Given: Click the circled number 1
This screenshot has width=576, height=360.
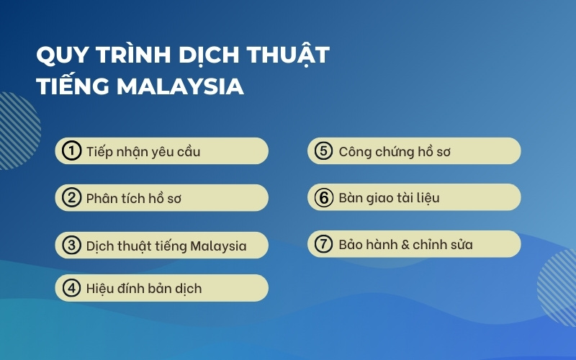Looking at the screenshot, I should [x=71, y=151].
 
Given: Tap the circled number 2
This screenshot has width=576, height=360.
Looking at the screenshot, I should [x=71, y=198].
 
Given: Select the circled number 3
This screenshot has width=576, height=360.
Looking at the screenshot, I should [x=71, y=246].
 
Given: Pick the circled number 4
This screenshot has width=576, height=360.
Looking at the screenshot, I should [x=71, y=288].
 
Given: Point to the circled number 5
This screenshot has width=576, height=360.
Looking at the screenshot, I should [x=323, y=151].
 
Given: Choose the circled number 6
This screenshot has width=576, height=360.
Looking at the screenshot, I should [x=323, y=198].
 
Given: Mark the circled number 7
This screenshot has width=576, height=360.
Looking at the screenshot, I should [x=323, y=244].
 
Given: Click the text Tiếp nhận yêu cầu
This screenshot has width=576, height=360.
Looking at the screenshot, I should [x=143, y=152].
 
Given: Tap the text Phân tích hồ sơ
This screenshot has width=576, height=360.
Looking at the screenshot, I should [x=133, y=199].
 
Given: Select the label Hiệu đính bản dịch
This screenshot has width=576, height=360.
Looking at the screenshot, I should [x=143, y=289].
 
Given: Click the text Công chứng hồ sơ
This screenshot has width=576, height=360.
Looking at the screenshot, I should [x=395, y=152].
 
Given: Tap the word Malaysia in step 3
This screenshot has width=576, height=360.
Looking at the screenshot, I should [x=218, y=246].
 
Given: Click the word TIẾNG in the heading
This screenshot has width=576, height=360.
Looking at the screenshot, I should [x=73, y=86].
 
